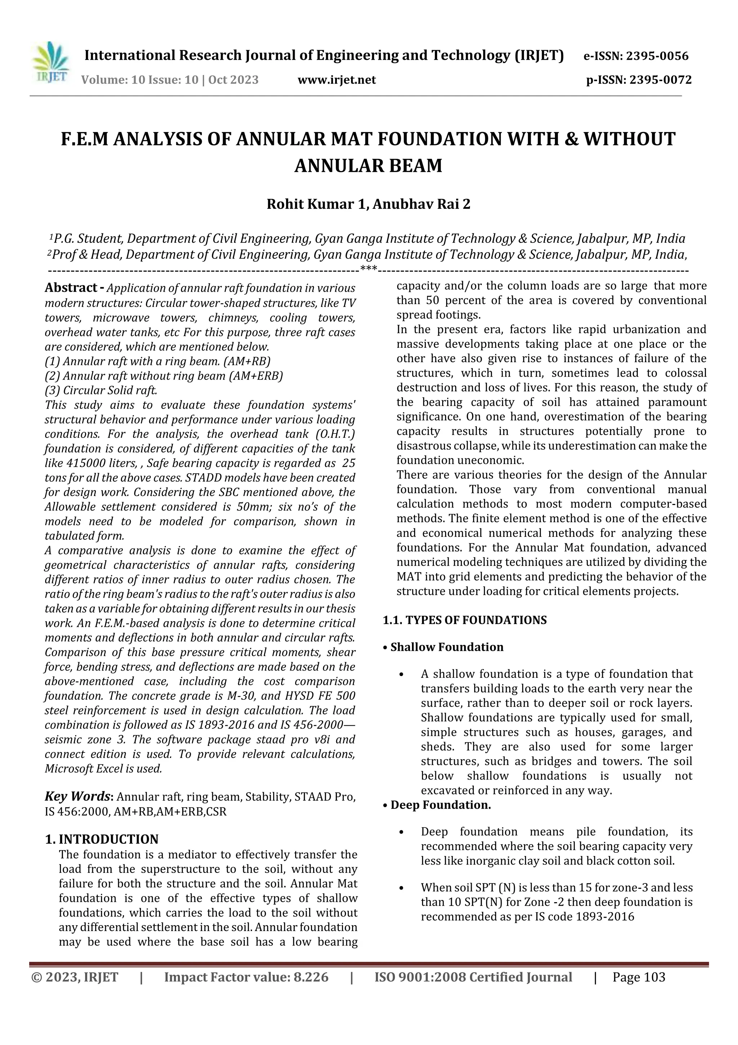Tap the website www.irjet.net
pos(337,80)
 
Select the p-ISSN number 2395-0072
pos(660,80)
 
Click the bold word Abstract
pos(71,287)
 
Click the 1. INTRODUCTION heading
pos(102,839)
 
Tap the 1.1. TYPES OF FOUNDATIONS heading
pos(465,620)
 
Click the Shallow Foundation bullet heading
pos(446,647)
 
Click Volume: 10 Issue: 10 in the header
pos(139,80)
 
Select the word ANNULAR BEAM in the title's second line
pos(368,165)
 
